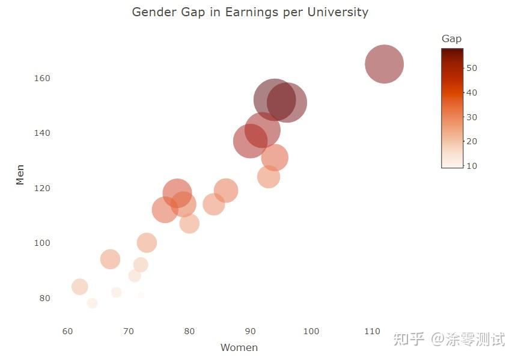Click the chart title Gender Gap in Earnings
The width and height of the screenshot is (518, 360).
tap(249, 12)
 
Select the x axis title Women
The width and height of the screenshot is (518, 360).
tap(239, 347)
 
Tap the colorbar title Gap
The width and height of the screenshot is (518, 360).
tap(451, 38)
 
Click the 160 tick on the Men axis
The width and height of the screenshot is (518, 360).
tap(42, 78)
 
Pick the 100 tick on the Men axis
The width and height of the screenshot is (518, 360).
tap(42, 243)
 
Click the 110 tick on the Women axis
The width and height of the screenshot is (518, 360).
tap(372, 331)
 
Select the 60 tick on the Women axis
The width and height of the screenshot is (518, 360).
tap(68, 331)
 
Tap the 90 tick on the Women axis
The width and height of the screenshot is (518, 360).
tap(251, 331)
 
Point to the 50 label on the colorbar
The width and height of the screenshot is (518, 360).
tap(472, 68)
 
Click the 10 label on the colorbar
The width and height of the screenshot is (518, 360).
tap(472, 166)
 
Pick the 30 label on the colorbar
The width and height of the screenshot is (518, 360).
tap(472, 117)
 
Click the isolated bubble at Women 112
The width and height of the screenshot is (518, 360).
tap(384, 64)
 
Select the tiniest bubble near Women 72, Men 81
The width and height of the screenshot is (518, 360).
tap(141, 295)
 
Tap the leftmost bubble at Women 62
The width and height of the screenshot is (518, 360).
tap(80, 287)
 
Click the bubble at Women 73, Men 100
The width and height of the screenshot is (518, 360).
tap(147, 243)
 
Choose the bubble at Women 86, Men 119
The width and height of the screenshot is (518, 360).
tap(226, 191)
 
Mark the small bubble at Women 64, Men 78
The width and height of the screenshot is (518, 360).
tap(92, 303)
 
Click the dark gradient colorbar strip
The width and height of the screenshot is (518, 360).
tap(452, 108)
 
